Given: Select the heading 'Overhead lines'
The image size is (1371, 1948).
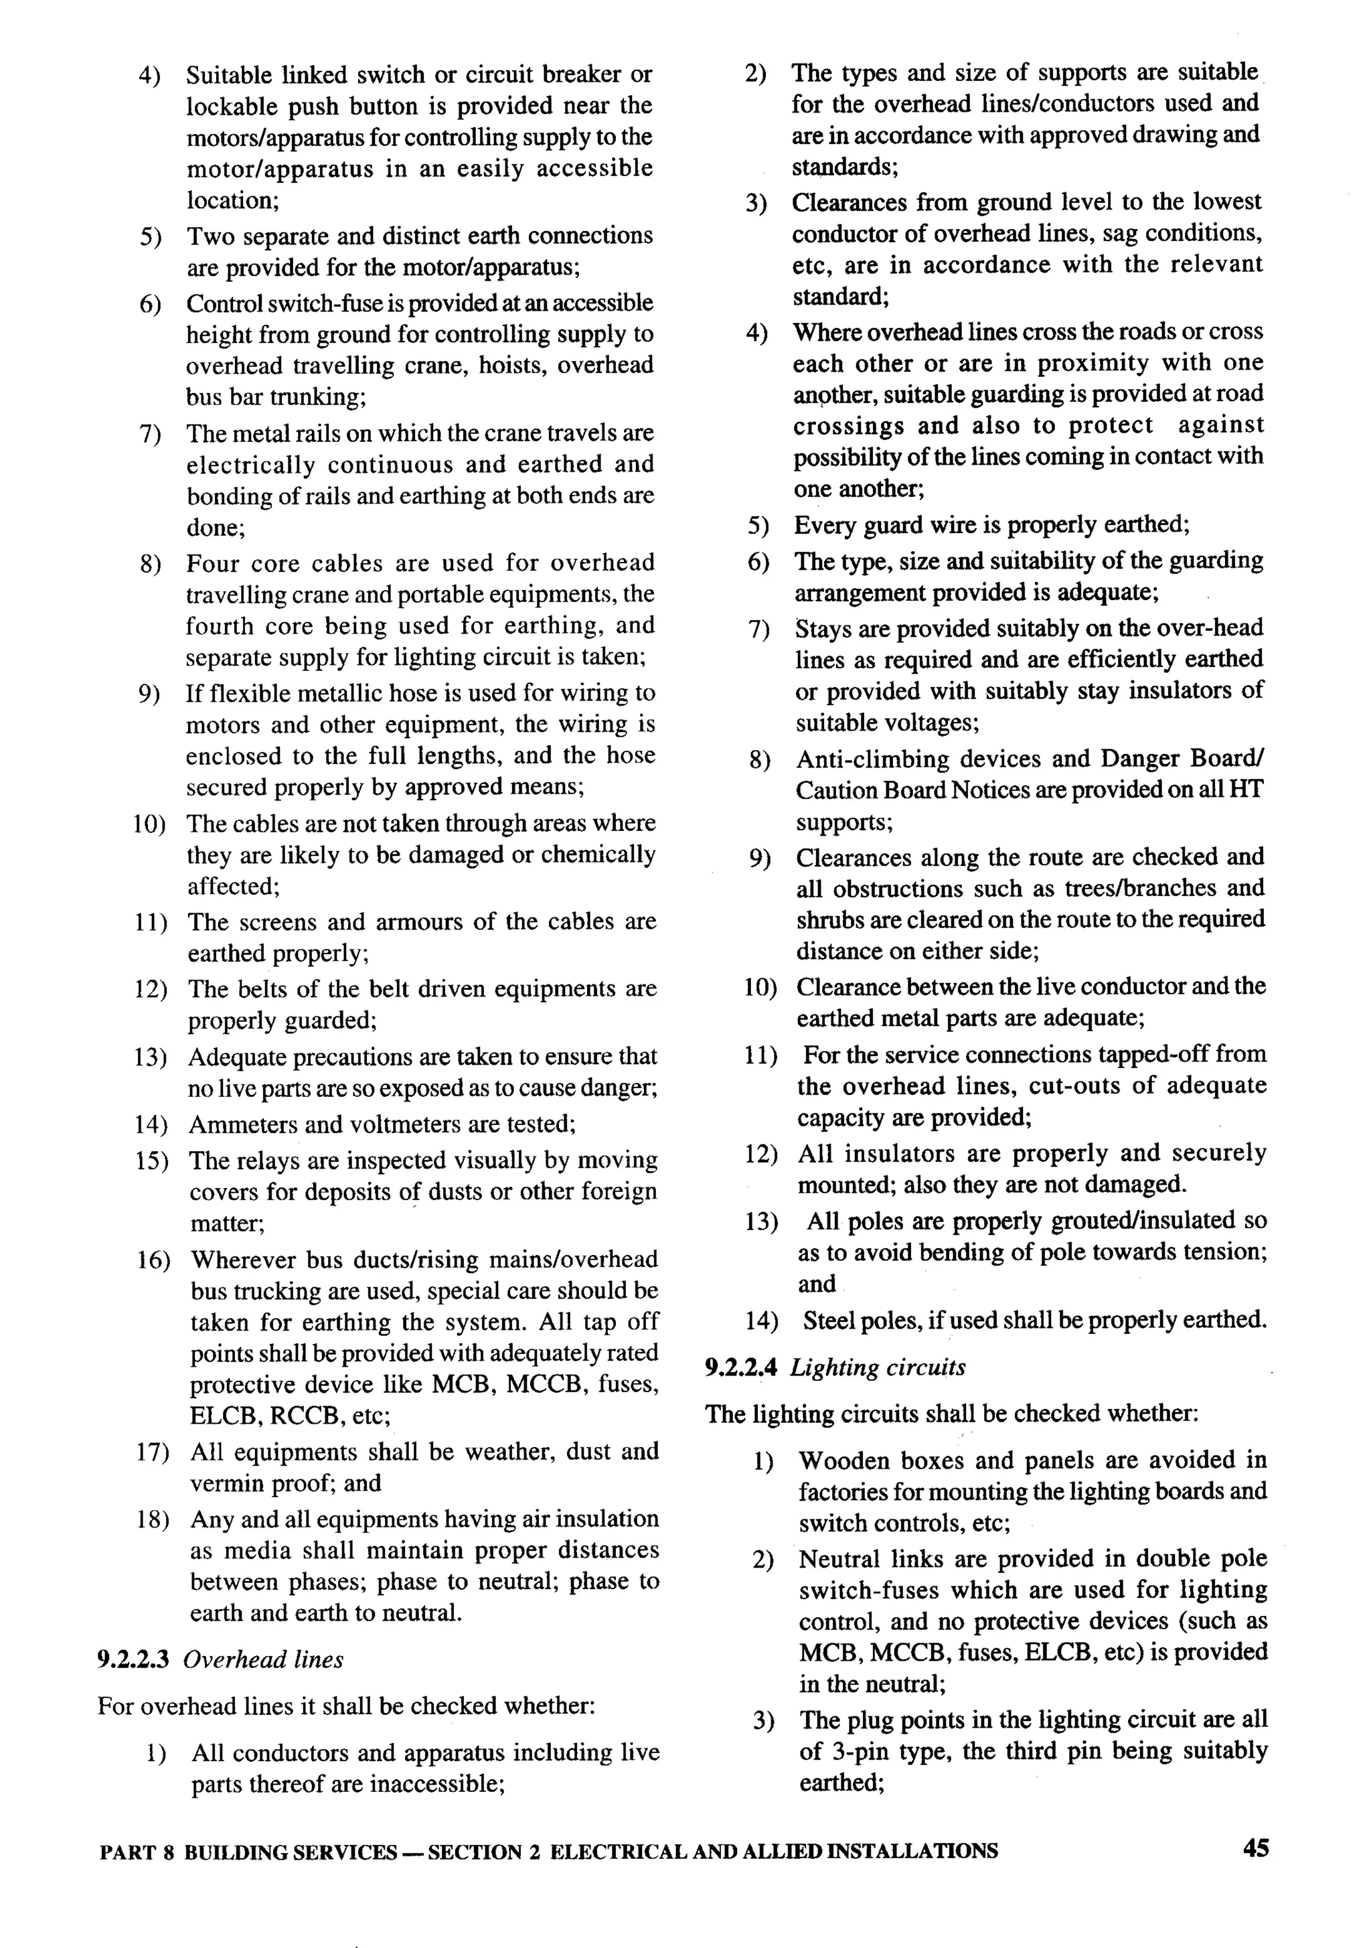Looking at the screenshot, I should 263,1659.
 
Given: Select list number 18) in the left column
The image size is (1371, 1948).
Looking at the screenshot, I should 153,1519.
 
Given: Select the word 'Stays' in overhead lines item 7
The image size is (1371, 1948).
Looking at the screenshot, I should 823,629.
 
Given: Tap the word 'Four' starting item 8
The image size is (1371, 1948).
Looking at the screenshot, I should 212,563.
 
